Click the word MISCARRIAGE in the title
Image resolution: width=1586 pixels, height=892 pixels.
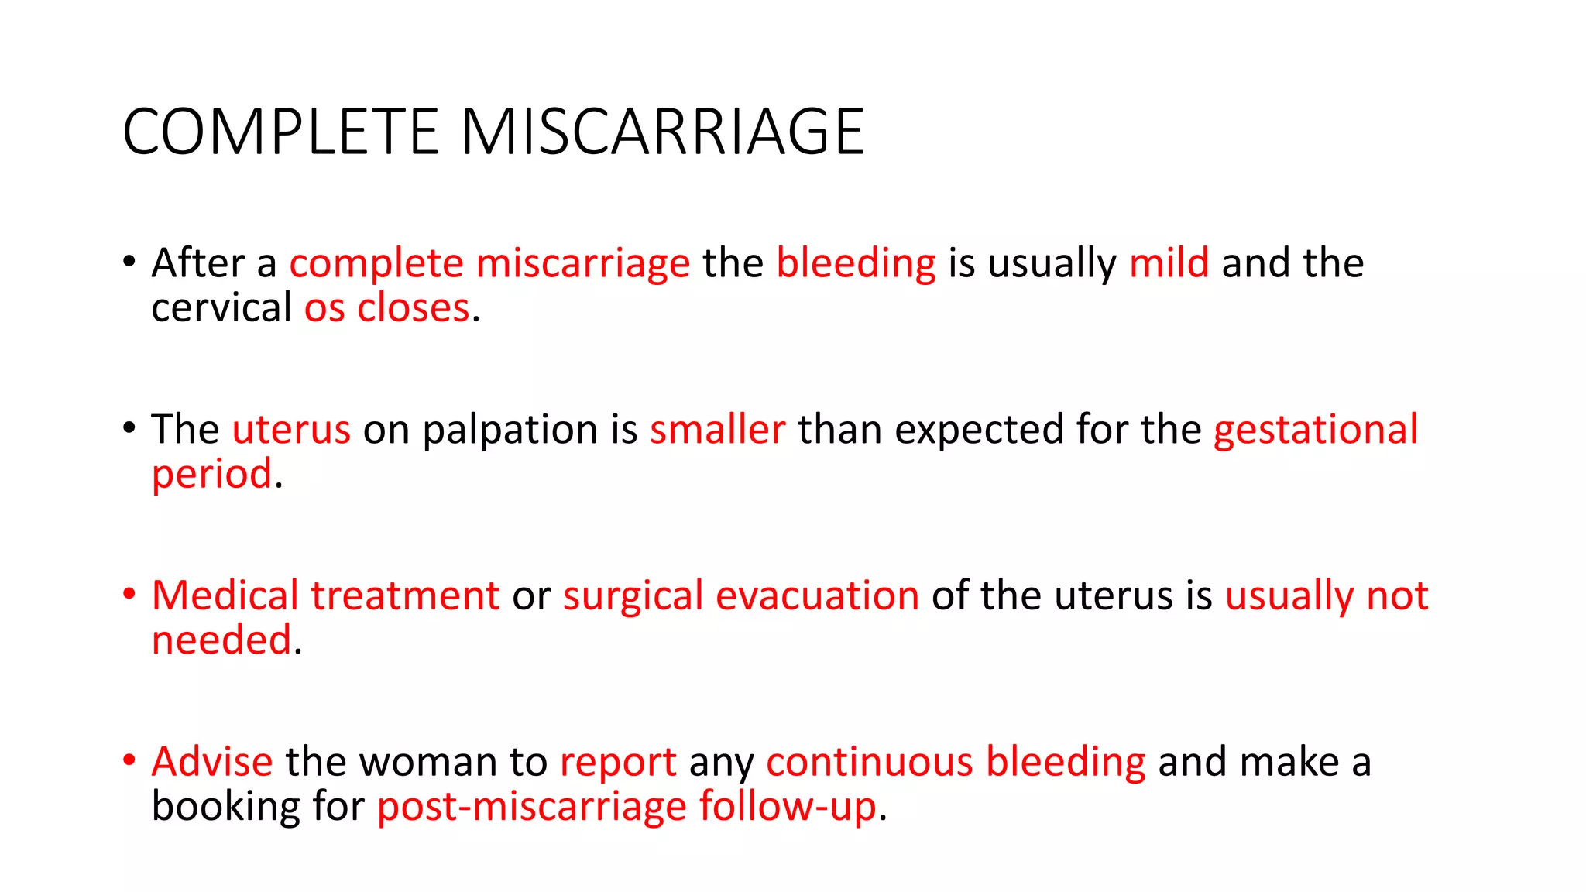coord(662,132)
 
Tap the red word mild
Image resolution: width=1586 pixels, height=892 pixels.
coord(1169,263)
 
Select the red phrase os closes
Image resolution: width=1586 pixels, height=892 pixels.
coord(386,308)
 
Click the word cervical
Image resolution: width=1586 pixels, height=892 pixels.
coord(221,308)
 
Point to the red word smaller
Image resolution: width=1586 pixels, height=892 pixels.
coord(717,430)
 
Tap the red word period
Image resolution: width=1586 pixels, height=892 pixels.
coord(212,475)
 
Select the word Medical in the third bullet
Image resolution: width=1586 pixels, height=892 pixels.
coord(225,595)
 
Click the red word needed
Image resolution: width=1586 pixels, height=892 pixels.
coord(221,641)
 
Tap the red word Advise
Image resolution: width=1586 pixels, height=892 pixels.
coord(212,762)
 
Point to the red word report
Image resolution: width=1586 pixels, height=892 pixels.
coord(618,763)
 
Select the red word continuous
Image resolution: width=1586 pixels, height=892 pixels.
coord(869,762)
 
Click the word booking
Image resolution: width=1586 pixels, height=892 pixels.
coord(225,808)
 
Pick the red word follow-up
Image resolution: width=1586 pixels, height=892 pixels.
coord(788,808)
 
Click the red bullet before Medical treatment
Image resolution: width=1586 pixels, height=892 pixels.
coord(129,595)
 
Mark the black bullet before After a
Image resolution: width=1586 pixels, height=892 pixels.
coord(129,262)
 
